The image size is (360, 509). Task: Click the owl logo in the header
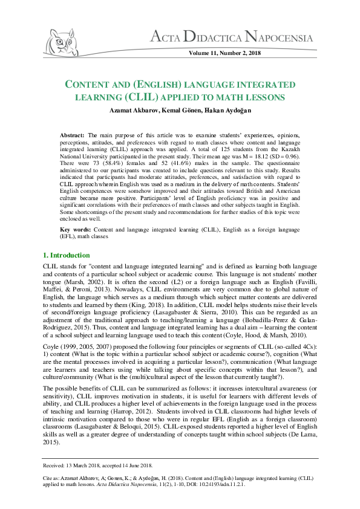click(x=64, y=42)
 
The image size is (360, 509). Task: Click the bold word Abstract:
click(x=74, y=132)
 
